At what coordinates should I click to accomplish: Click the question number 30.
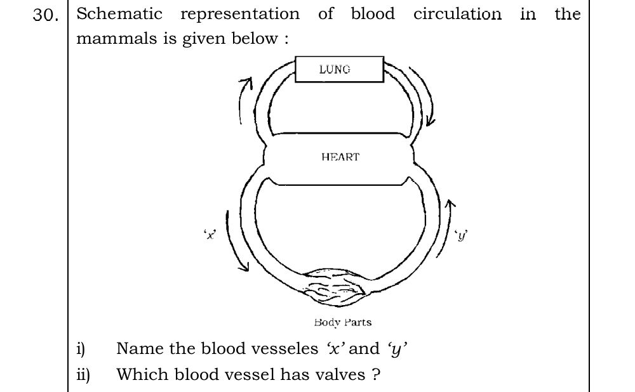[x=46, y=15]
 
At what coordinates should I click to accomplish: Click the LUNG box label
[x=335, y=70]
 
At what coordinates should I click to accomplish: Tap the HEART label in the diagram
[x=340, y=157]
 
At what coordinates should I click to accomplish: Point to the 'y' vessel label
[x=462, y=235]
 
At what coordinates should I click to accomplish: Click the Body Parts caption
[x=343, y=322]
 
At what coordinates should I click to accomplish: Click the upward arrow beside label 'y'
[x=444, y=228]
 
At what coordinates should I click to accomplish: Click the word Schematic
[x=119, y=14]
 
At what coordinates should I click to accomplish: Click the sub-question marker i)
[x=81, y=349]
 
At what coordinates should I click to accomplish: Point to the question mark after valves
[x=376, y=374]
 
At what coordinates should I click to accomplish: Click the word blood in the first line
[x=373, y=14]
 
